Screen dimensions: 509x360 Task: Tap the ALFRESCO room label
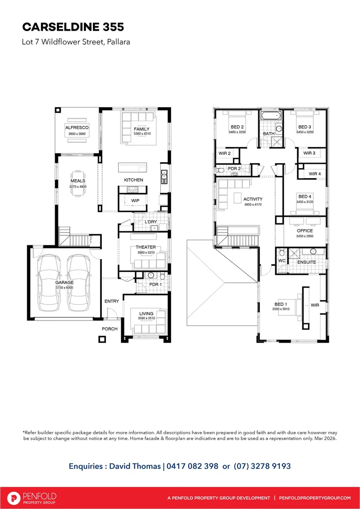(76, 127)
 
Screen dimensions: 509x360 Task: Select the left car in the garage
(49, 283)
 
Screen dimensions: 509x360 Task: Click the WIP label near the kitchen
(135, 201)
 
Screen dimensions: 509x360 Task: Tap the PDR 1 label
(155, 284)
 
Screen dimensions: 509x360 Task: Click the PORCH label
(110, 328)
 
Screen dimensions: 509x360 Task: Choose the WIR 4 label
(315, 174)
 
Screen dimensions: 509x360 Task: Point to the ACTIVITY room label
(253, 199)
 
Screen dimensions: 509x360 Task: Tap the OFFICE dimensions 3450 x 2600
(304, 236)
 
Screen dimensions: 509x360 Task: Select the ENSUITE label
(307, 262)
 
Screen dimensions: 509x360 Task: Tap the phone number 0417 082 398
(192, 466)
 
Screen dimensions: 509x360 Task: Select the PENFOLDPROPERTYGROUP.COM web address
(315, 498)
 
